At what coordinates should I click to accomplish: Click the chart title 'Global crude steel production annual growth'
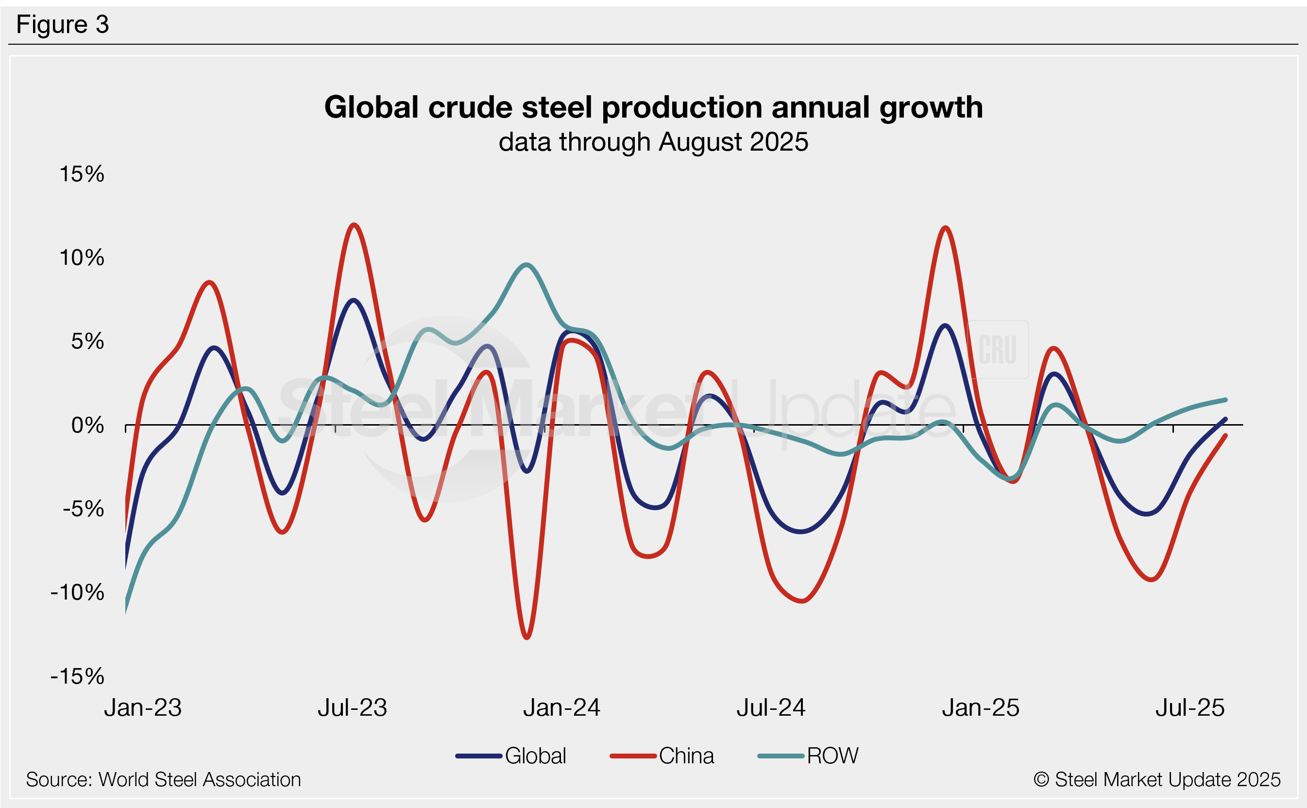[653, 107]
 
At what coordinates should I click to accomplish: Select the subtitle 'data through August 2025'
[653, 142]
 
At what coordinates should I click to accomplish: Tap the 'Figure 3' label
[63, 25]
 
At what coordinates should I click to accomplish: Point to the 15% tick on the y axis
[82, 174]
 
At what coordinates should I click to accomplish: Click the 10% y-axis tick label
[82, 258]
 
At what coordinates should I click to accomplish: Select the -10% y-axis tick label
[77, 592]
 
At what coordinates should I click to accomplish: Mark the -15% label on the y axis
[77, 676]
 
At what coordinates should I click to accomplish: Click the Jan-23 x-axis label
[143, 707]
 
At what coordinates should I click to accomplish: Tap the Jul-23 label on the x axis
[352, 707]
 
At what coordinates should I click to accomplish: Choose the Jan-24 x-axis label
[561, 707]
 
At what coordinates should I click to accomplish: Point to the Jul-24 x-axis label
[771, 707]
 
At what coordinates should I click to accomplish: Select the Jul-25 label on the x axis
[1190, 707]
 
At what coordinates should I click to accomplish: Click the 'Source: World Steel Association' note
[164, 780]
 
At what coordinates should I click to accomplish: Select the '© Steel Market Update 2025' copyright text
[1157, 780]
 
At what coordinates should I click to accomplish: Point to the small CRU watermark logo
[998, 349]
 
